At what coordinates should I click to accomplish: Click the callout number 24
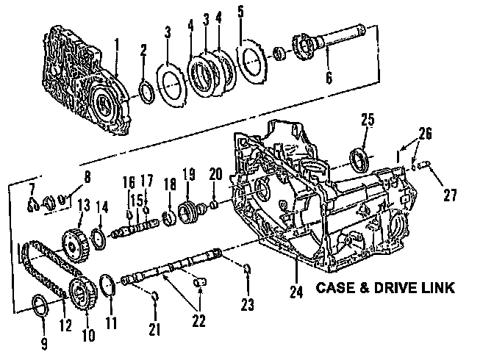(x=296, y=292)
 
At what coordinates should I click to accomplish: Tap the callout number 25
(x=368, y=119)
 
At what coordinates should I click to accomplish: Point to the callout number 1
(x=115, y=46)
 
